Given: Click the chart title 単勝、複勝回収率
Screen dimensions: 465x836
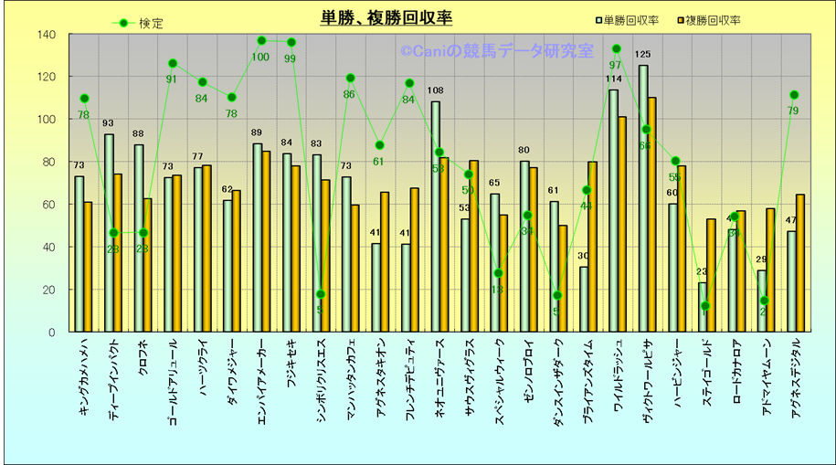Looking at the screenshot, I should (386, 17).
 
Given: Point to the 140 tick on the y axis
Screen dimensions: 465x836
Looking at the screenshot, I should (47, 35).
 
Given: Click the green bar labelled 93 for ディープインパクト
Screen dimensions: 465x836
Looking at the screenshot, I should (109, 233).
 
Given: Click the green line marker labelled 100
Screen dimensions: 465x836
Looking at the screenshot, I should (261, 41).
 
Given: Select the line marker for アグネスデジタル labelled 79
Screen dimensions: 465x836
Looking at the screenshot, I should (794, 95).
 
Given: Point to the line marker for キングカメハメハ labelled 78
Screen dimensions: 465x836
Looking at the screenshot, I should (84, 99).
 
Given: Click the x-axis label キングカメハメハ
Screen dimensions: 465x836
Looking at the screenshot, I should (84, 375).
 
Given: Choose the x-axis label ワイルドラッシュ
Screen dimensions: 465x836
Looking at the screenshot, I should (619, 375).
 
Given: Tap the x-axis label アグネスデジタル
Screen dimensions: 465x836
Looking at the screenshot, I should (797, 375).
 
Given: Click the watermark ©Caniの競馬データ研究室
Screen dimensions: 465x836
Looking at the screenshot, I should (496, 52).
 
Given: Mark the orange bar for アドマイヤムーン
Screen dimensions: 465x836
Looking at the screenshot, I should (771, 270).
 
